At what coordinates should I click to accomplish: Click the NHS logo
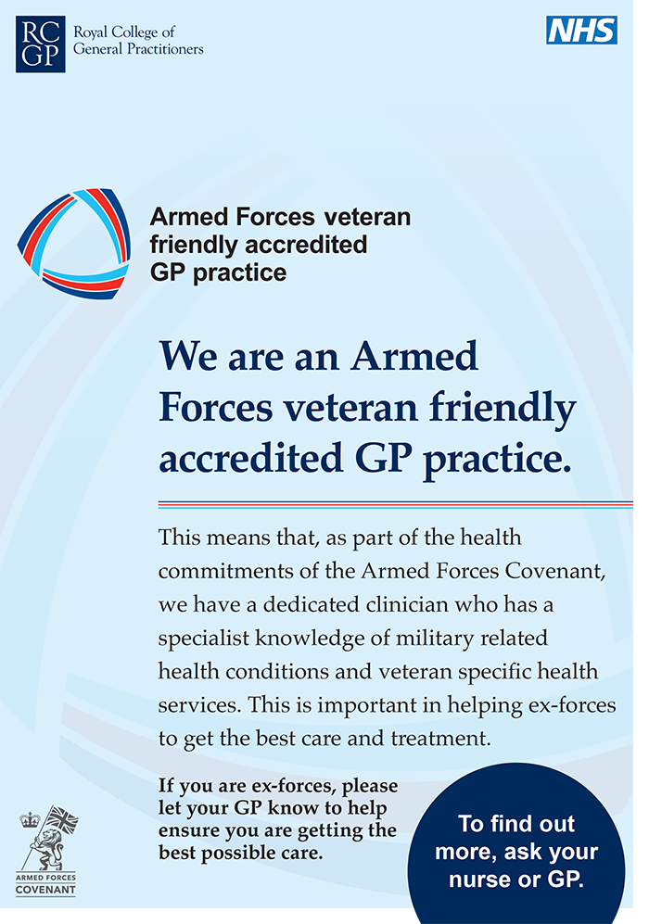[x=581, y=30]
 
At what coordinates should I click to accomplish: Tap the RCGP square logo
[x=40, y=44]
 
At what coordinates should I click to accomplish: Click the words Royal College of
[x=124, y=32]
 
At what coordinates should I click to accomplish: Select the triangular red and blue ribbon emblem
[x=73, y=244]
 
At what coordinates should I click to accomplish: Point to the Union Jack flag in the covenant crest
[x=62, y=819]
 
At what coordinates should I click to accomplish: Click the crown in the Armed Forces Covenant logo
[x=30, y=819]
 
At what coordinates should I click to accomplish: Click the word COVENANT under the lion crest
[x=45, y=889]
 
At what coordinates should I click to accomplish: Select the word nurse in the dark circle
[x=477, y=880]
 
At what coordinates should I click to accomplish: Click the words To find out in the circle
[x=516, y=824]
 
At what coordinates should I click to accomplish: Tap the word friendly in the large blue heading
[x=503, y=408]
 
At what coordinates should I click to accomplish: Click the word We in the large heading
[x=187, y=357]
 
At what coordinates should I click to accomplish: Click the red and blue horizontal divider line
[x=396, y=504]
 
